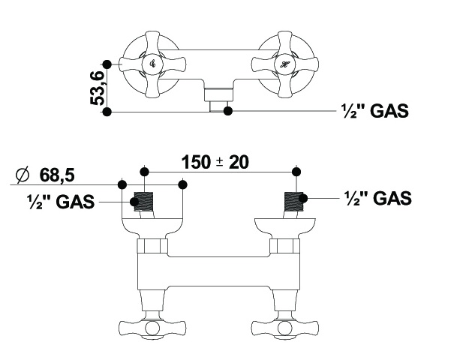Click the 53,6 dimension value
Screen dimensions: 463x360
[x=97, y=88]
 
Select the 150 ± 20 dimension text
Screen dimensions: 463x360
[x=215, y=162]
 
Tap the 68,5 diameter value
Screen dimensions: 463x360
[x=57, y=175]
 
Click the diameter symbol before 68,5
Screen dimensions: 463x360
[x=23, y=175]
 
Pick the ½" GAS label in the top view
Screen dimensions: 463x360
[x=375, y=111]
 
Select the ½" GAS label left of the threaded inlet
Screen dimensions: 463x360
[x=61, y=202]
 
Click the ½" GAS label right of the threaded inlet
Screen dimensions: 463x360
[x=378, y=198]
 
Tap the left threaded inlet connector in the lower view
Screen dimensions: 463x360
[x=144, y=202]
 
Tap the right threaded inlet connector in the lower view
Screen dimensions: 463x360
[x=294, y=202]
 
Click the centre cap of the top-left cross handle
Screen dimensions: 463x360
[x=152, y=64]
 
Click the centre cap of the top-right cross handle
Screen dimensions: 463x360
[x=285, y=64]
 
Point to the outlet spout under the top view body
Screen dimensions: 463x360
[x=219, y=100]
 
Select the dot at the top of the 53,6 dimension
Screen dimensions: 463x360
[x=107, y=64]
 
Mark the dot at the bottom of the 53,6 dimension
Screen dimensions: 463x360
[x=107, y=112]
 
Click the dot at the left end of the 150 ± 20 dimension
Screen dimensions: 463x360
[x=144, y=172]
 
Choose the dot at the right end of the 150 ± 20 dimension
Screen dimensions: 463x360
[x=296, y=172]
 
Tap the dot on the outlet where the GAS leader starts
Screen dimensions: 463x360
[x=227, y=111]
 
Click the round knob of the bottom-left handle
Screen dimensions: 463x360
[x=152, y=328]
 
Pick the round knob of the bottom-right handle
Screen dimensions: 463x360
[x=285, y=328]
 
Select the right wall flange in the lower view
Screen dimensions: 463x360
[x=285, y=227]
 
